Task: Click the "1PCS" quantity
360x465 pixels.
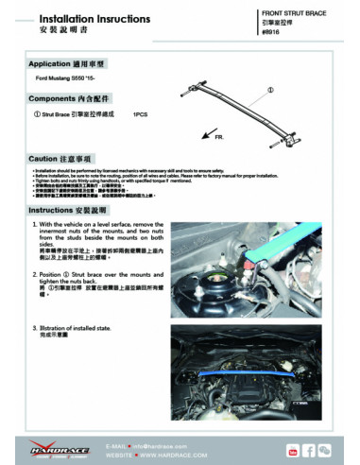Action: (141, 113)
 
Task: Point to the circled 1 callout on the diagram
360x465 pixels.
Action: (271, 92)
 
